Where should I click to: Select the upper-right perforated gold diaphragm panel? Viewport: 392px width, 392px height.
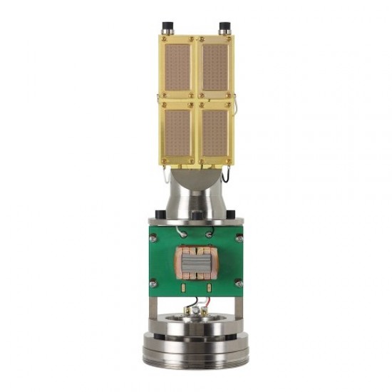point(215,66)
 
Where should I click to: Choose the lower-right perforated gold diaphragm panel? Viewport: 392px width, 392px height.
point(215,134)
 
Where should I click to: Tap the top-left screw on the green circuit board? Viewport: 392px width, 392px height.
point(152,238)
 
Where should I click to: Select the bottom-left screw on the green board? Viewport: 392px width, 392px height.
point(152,284)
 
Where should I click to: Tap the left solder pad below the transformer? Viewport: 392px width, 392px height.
point(185,287)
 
